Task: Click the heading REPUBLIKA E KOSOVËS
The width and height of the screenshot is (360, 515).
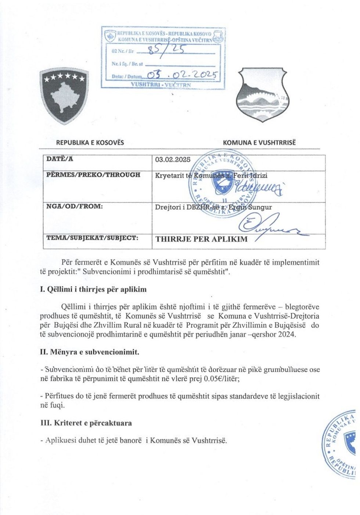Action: click(90, 143)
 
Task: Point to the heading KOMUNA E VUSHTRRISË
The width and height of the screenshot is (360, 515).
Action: click(259, 143)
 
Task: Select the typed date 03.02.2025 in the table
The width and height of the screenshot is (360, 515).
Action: click(173, 160)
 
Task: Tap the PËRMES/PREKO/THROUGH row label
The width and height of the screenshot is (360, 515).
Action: click(93, 175)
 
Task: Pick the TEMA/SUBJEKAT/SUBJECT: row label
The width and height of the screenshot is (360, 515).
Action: click(92, 238)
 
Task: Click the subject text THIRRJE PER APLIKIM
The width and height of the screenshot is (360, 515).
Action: click(201, 239)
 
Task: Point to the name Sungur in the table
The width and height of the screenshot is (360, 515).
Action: click(261, 207)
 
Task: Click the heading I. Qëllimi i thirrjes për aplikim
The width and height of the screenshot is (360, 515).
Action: click(93, 289)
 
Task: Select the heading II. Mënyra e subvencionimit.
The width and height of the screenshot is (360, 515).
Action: click(89, 352)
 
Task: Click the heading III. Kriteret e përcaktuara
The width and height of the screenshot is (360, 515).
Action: click(86, 423)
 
